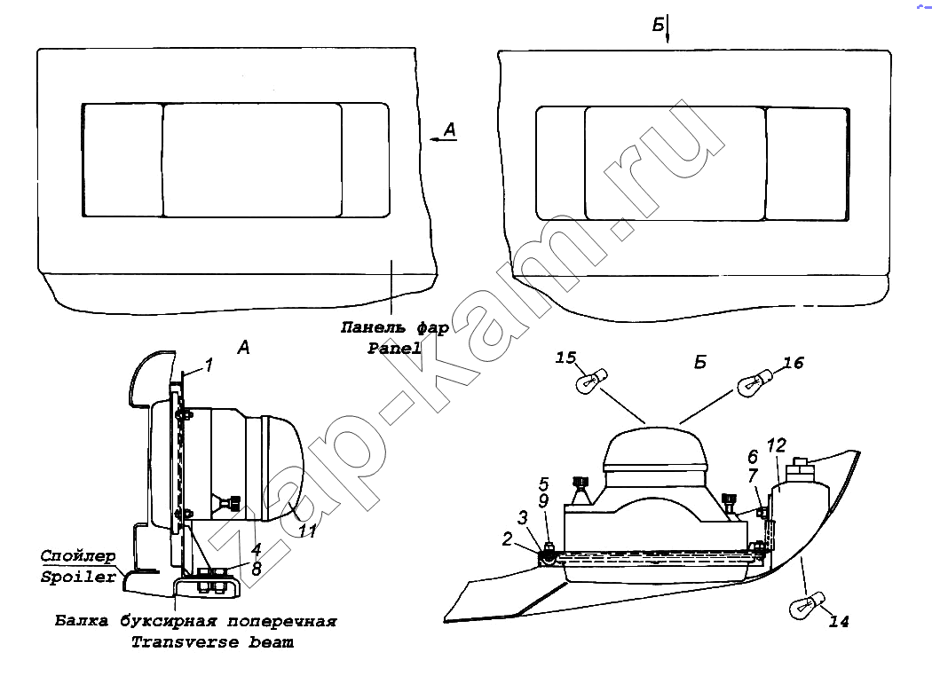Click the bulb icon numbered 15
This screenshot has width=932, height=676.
[592, 381]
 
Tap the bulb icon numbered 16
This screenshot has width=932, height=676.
[754, 382]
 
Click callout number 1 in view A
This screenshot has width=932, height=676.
[209, 365]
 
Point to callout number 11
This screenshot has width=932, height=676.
[307, 531]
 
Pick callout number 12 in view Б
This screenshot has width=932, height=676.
[777, 445]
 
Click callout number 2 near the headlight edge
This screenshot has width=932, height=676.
[507, 538]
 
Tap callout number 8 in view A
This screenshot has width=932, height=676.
[257, 569]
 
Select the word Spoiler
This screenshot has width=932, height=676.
[78, 578]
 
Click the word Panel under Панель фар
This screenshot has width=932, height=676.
[394, 349]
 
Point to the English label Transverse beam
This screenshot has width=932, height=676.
[212, 642]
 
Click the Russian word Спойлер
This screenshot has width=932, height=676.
[78, 556]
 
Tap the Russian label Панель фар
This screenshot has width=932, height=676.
[395, 327]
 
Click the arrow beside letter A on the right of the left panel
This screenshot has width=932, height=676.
[437, 139]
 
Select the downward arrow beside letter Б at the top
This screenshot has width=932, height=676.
[667, 29]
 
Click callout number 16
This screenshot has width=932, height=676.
[794, 363]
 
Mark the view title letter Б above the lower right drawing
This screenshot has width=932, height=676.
[700, 362]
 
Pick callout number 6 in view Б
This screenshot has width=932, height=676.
[753, 457]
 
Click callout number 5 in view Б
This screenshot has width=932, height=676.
[544, 483]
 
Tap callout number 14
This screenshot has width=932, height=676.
[838, 621]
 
